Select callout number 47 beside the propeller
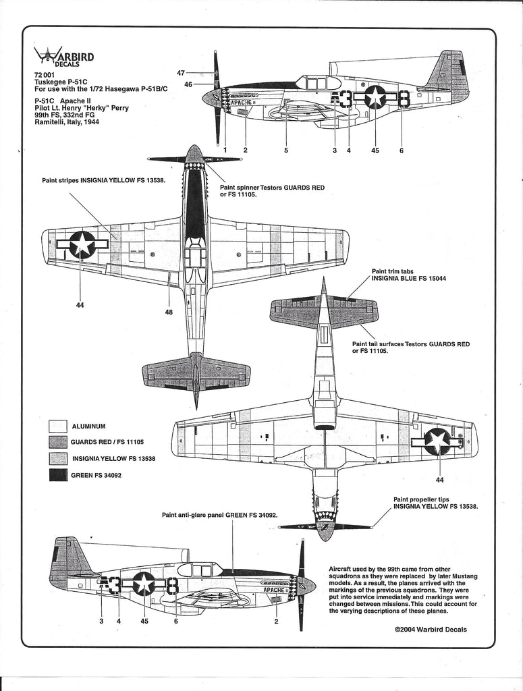pyautogui.click(x=181, y=72)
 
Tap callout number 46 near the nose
pyautogui.click(x=188, y=84)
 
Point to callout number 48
pyautogui.click(x=169, y=312)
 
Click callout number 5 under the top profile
pyautogui.click(x=286, y=150)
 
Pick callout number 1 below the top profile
pyautogui.click(x=225, y=150)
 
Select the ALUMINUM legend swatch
pyautogui.click(x=58, y=426)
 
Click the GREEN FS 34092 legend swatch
pyautogui.click(x=58, y=475)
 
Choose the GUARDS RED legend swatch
pyautogui.click(x=58, y=443)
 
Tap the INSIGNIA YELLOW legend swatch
pyautogui.click(x=58, y=459)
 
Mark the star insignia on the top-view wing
pyautogui.click(x=82, y=244)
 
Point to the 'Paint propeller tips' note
pyautogui.click(x=435, y=504)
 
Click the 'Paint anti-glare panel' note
pyautogui.click(x=220, y=515)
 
